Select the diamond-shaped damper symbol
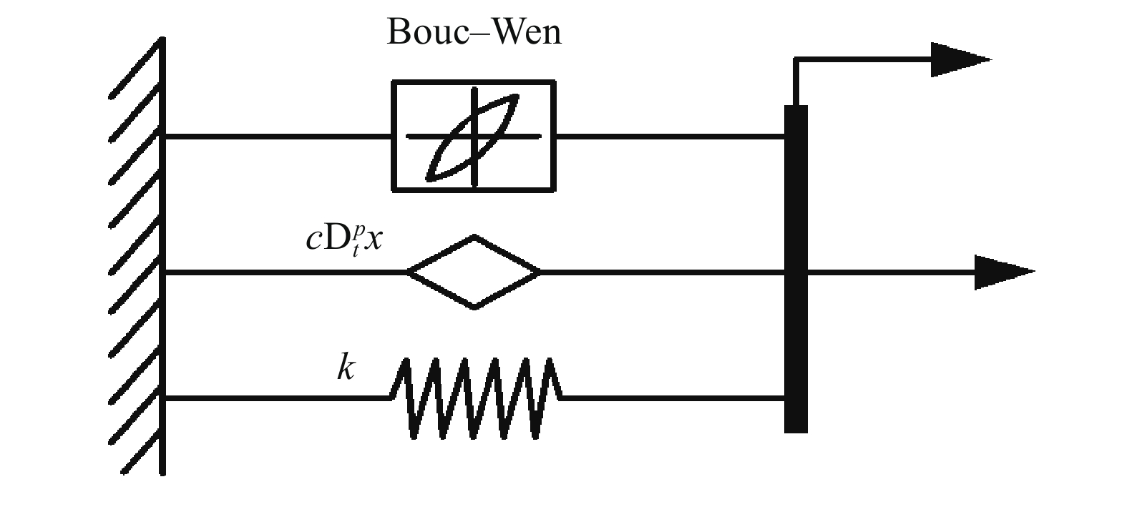474,272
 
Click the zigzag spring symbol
475,398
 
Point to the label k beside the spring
346,368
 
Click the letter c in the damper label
312,240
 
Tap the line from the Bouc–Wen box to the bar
669,136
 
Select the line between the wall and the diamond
286,272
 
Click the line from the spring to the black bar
673,398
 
